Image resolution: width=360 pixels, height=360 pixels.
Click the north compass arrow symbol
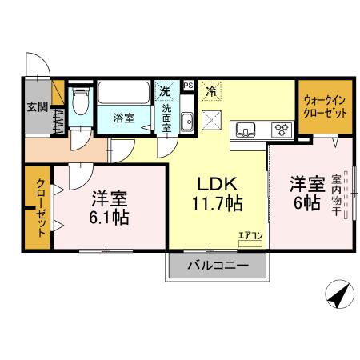(x=339, y=295)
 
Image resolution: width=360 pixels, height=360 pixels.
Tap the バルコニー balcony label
(x=217, y=265)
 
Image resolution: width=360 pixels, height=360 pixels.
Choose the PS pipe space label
(x=188, y=84)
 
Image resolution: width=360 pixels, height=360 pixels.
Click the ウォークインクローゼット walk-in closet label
(x=326, y=106)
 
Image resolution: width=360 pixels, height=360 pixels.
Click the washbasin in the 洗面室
(x=186, y=122)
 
